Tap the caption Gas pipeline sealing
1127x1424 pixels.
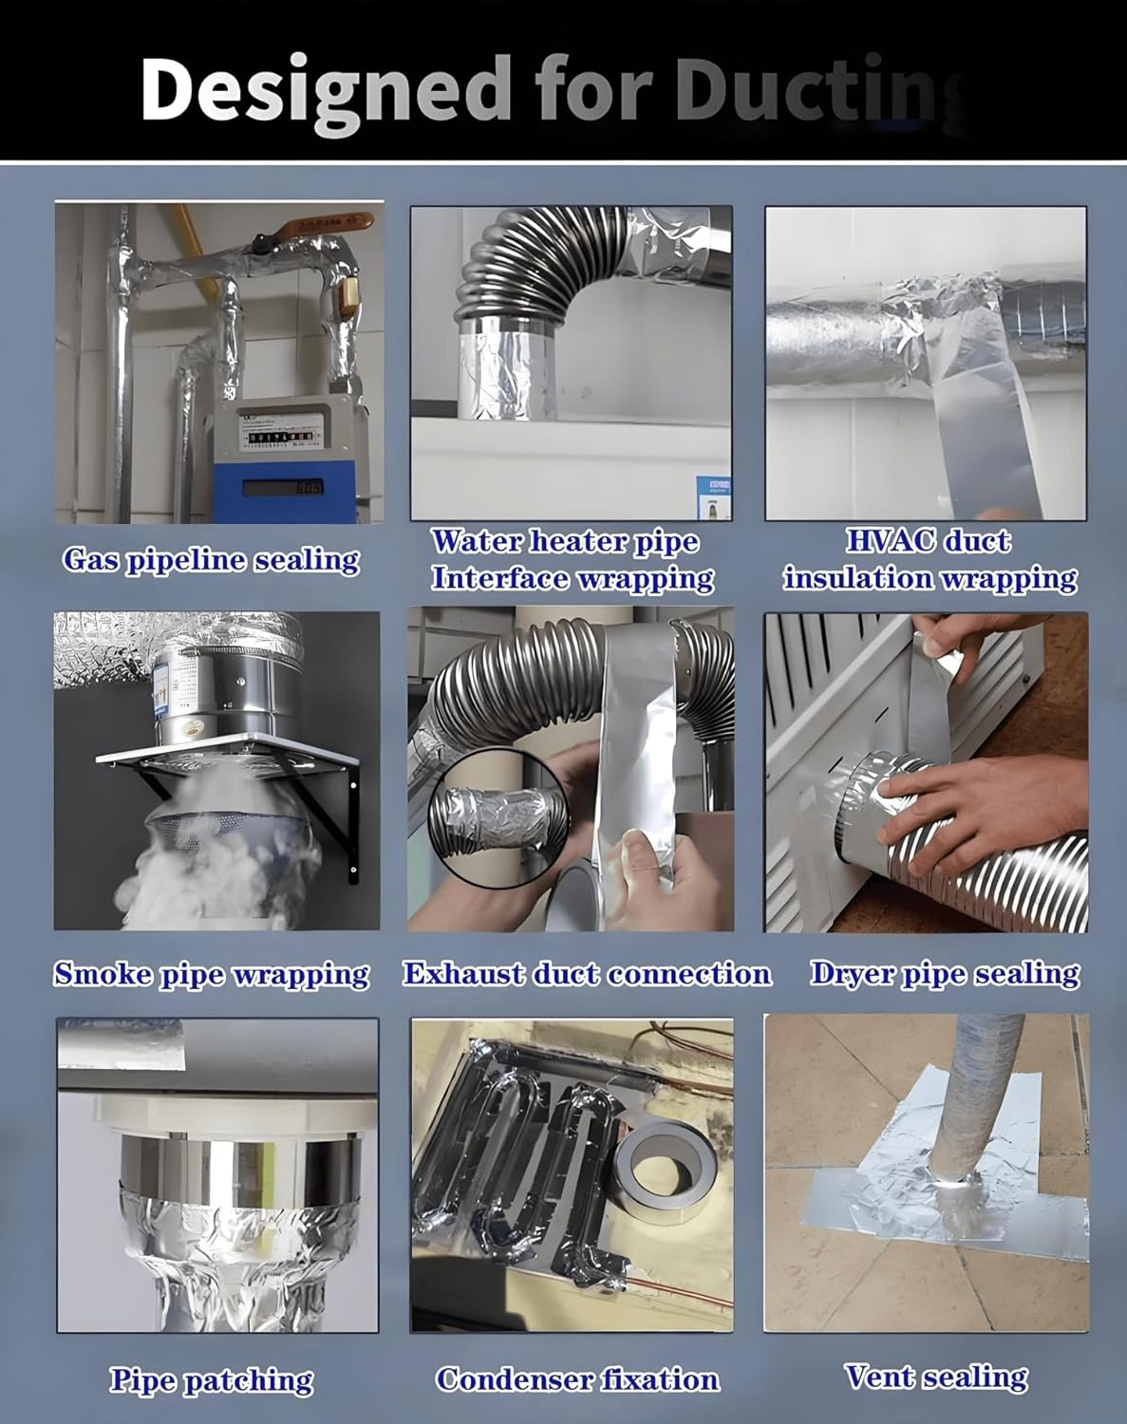[211, 559]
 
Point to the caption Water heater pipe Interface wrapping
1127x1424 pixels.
[572, 559]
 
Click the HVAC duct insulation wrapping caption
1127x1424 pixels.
[929, 559]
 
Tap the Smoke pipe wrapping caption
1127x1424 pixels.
[211, 974]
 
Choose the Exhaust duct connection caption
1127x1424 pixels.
[586, 974]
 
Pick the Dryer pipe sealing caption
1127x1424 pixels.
[944, 974]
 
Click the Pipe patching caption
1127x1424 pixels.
[211, 1380]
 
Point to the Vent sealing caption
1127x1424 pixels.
[935, 1377]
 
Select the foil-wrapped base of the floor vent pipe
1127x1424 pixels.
[949, 1187]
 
